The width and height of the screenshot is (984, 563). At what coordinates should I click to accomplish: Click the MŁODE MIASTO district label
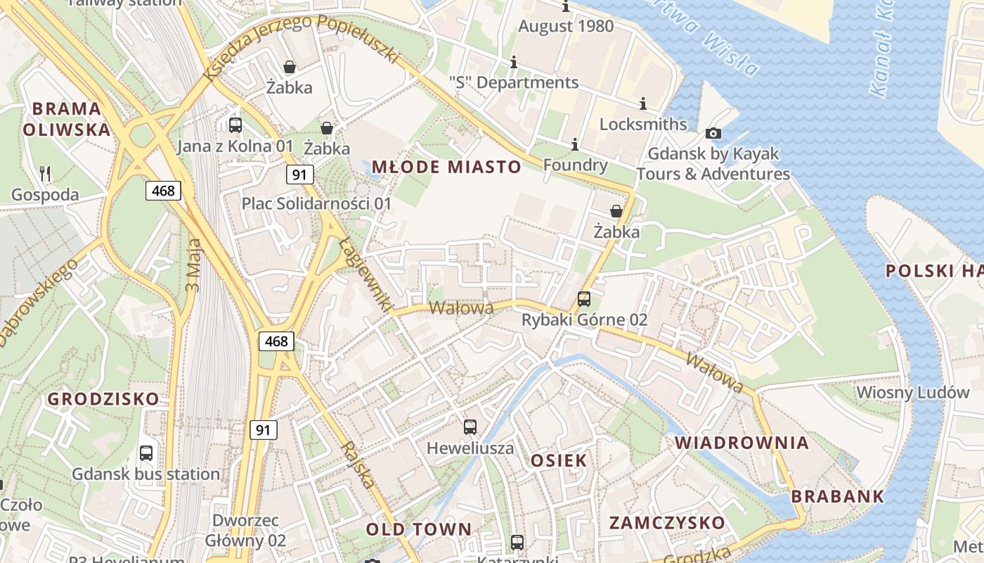click(446, 167)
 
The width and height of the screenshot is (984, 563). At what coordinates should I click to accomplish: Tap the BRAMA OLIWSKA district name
click(67, 119)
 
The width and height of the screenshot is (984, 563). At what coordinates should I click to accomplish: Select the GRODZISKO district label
click(103, 399)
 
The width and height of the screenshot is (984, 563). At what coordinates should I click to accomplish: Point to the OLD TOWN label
click(419, 529)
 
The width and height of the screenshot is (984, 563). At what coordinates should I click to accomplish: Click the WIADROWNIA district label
click(742, 443)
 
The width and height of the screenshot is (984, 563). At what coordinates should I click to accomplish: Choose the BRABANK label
click(838, 496)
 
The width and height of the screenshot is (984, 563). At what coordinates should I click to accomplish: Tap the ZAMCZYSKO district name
click(667, 523)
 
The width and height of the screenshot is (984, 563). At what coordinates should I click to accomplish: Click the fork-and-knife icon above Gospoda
click(45, 173)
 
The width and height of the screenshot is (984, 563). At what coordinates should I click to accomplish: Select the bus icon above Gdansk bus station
click(146, 453)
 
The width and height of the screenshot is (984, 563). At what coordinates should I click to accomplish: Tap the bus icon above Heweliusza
click(470, 426)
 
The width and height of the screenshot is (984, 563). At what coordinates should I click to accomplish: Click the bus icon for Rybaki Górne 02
click(584, 299)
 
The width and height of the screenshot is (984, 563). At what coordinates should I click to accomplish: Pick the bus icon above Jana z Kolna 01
click(235, 125)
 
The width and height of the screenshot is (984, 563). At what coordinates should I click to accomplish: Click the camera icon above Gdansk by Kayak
click(713, 133)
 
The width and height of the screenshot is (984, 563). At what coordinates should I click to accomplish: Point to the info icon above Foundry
click(575, 144)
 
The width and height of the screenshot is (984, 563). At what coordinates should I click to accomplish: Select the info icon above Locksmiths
click(642, 104)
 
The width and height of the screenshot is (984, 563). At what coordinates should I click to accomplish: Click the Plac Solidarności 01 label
click(316, 203)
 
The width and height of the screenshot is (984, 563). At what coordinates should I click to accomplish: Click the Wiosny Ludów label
click(912, 393)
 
